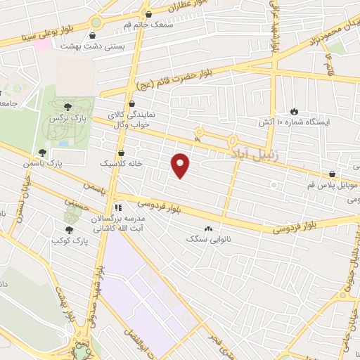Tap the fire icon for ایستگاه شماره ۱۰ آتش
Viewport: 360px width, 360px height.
click(294, 111)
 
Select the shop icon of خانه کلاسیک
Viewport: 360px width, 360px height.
click(122, 150)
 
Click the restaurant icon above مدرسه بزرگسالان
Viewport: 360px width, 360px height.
click(119, 208)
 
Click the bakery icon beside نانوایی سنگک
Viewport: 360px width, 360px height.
click(208, 229)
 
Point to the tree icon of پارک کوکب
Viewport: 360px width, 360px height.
click(69, 230)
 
